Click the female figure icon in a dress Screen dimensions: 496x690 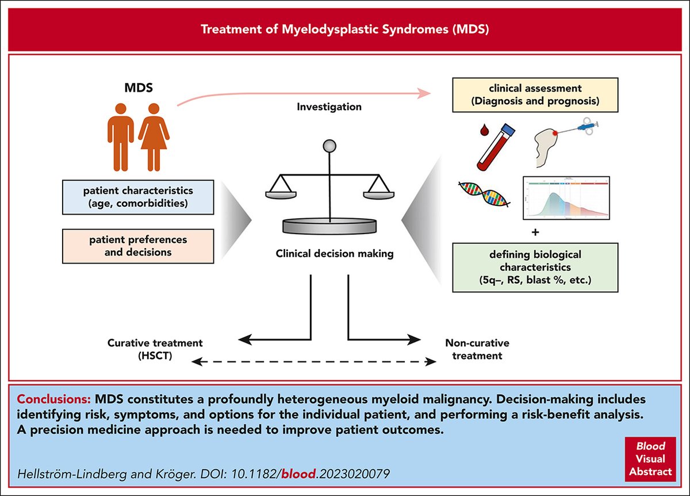click(154, 136)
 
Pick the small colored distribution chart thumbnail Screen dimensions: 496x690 click(566, 199)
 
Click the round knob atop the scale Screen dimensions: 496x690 click(330, 146)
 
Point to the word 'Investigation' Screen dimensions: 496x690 click(329, 107)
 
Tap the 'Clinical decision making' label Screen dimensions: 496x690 click(329, 253)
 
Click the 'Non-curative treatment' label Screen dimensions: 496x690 click(477, 349)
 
